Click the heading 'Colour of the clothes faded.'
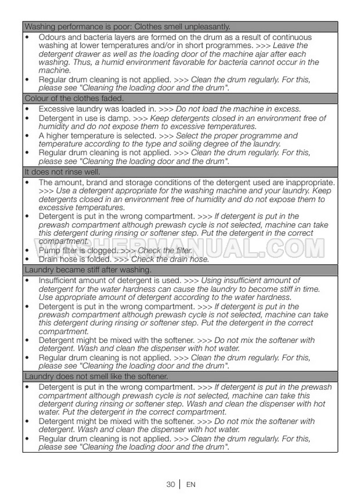(x=74, y=98)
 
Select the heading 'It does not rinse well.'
(x=62, y=172)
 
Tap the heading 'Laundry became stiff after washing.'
(x=88, y=270)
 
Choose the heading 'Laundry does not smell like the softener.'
(x=96, y=376)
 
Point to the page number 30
(x=170, y=484)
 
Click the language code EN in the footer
(x=190, y=484)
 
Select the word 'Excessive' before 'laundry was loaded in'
(x=56, y=109)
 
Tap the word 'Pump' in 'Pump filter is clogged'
(x=49, y=250)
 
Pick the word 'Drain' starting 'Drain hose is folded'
(x=49, y=259)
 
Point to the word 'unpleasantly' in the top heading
(x=206, y=27)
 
